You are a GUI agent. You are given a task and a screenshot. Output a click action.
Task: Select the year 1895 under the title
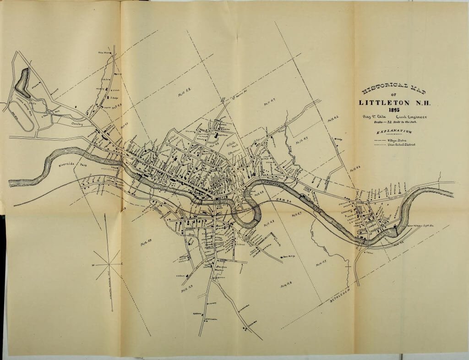click(393, 110)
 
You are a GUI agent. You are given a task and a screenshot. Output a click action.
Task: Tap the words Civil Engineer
click(411, 117)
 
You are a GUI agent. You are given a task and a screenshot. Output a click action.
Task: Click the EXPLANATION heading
click(393, 132)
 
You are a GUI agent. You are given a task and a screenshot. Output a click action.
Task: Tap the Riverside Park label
click(73, 165)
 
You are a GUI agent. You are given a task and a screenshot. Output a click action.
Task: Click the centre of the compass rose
click(109, 265)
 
